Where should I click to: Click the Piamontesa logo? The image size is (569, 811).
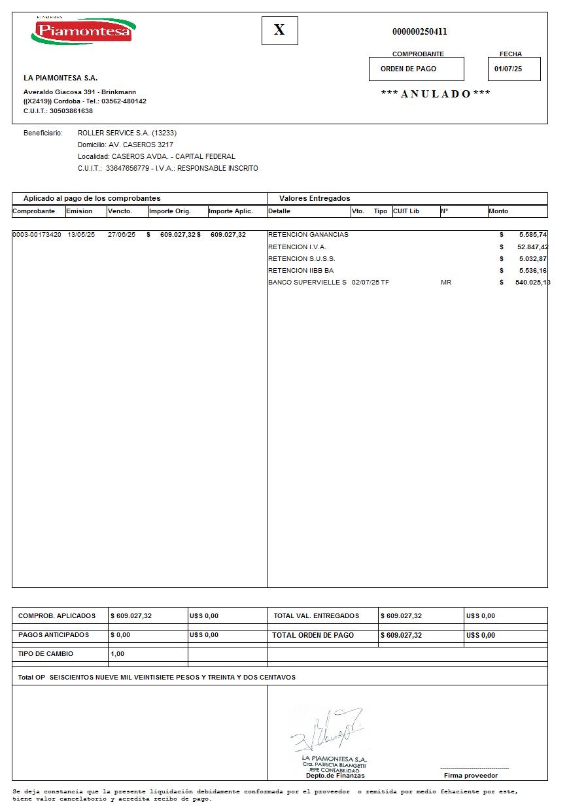point(83,31)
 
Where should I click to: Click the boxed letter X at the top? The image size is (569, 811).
point(279,30)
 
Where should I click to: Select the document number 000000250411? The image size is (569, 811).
point(419,31)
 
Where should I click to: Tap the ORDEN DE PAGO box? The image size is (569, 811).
point(416,69)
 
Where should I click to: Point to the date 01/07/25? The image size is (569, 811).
point(508,69)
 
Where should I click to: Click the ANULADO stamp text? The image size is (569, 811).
point(436,94)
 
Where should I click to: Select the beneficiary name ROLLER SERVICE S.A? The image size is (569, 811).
point(114,133)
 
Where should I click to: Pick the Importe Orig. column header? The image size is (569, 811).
point(169,211)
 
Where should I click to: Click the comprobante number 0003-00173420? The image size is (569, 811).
point(37,234)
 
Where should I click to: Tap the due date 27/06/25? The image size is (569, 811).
point(121,234)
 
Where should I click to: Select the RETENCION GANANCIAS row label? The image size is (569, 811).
point(308,234)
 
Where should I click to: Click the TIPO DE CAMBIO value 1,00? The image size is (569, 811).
point(117,653)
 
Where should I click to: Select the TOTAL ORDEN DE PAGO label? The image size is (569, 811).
point(313,635)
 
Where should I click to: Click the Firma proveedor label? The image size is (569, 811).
point(470,775)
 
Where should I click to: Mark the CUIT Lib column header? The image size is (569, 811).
point(405,211)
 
